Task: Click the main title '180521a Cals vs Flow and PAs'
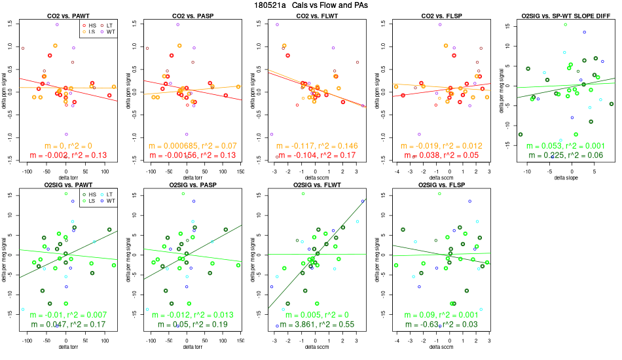click(310, 5)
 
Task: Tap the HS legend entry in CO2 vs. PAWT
click(90, 24)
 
